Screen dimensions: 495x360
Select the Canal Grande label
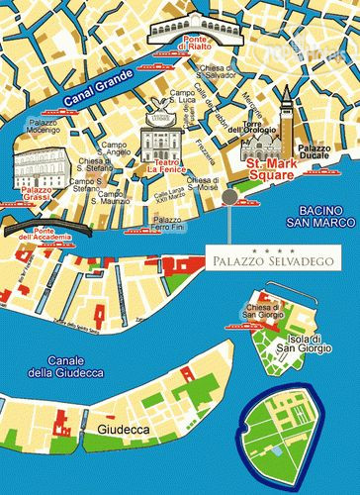click(x=97, y=96)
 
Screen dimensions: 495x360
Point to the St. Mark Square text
click(x=271, y=168)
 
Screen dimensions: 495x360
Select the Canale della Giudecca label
click(x=63, y=366)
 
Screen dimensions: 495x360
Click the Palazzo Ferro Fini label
click(x=170, y=224)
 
